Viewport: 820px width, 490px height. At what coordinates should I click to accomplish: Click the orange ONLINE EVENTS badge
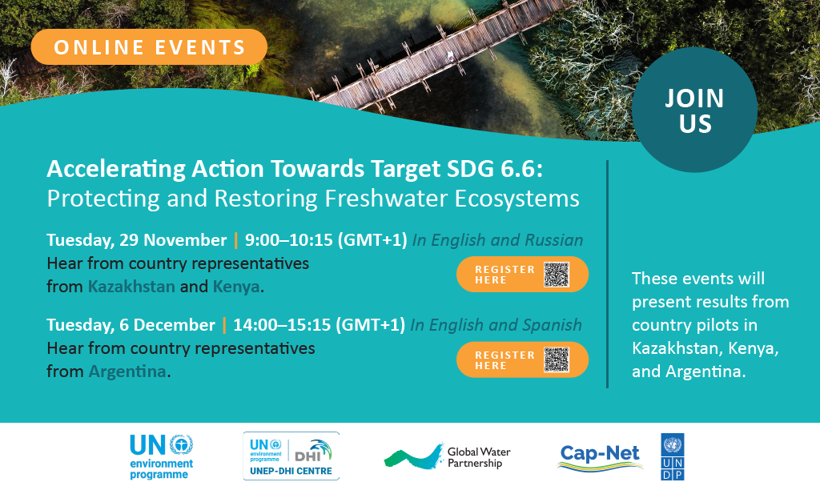(x=149, y=47)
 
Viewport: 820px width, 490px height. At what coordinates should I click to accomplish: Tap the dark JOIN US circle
(x=694, y=110)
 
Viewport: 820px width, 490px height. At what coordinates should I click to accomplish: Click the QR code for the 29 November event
(x=557, y=275)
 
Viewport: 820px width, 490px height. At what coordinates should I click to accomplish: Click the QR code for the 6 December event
(x=557, y=359)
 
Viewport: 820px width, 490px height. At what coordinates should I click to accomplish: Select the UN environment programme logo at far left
(x=162, y=456)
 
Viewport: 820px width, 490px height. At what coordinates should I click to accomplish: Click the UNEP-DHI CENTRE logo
(x=291, y=456)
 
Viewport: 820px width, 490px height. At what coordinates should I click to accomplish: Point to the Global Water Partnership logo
(x=447, y=456)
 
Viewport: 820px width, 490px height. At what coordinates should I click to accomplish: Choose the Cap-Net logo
(x=600, y=457)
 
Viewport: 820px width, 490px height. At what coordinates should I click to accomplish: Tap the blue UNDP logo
(x=673, y=456)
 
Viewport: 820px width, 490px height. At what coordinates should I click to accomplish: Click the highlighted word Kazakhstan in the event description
(x=131, y=287)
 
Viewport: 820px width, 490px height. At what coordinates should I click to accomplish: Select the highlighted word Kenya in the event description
(x=236, y=287)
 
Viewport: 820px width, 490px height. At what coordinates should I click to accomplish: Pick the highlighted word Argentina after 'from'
(x=127, y=372)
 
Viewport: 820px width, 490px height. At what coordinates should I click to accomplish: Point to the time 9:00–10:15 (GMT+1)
(x=326, y=240)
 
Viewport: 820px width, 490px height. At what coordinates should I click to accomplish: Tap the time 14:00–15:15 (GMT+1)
(x=319, y=325)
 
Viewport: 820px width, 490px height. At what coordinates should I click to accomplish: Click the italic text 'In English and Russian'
(x=497, y=240)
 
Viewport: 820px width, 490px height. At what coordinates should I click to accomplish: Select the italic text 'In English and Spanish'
(x=496, y=325)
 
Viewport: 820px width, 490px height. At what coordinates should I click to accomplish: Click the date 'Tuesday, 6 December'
(x=131, y=325)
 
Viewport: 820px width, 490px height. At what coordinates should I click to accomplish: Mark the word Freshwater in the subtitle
(x=387, y=199)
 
